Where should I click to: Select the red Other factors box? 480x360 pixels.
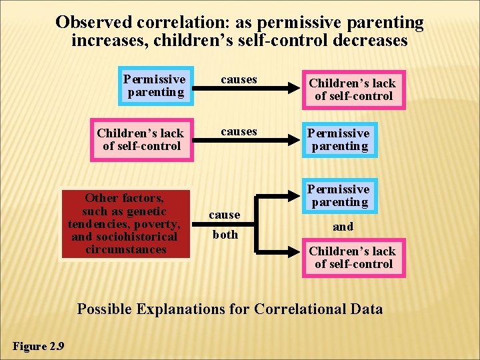point(125,223)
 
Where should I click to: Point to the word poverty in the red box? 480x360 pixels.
point(155,223)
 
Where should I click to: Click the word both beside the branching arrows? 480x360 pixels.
point(225,235)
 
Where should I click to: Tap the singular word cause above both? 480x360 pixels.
point(225,215)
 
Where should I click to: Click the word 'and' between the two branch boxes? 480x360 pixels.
point(343,227)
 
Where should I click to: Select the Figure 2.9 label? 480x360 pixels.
point(39,345)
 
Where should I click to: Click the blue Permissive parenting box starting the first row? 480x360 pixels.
point(155,86)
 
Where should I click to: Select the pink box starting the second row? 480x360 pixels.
point(141,139)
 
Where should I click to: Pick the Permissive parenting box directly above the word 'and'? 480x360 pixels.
point(339,195)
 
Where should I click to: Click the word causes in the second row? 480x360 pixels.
point(239,131)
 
